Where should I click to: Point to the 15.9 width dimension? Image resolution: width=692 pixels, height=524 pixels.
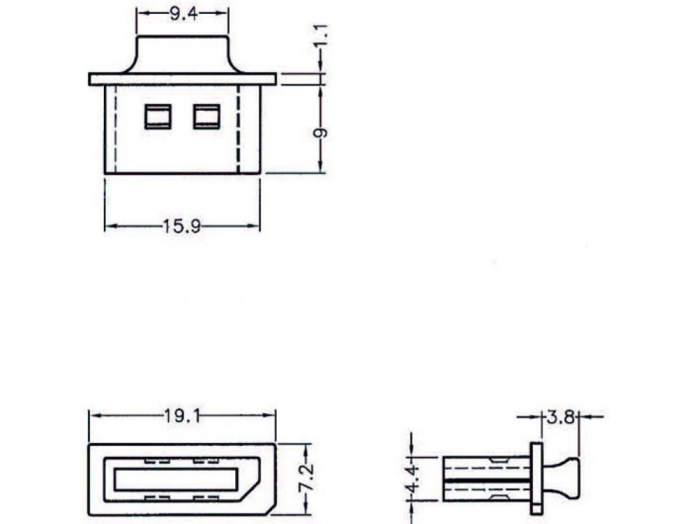tap(182, 226)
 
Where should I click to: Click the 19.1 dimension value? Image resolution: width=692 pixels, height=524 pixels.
tap(182, 416)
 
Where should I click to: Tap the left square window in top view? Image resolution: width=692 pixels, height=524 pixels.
tap(157, 116)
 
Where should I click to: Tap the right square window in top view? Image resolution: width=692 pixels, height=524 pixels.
tap(206, 116)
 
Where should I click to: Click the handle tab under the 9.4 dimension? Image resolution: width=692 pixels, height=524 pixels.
tap(182, 54)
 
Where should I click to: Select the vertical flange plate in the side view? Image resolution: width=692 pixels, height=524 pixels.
tap(536, 478)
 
